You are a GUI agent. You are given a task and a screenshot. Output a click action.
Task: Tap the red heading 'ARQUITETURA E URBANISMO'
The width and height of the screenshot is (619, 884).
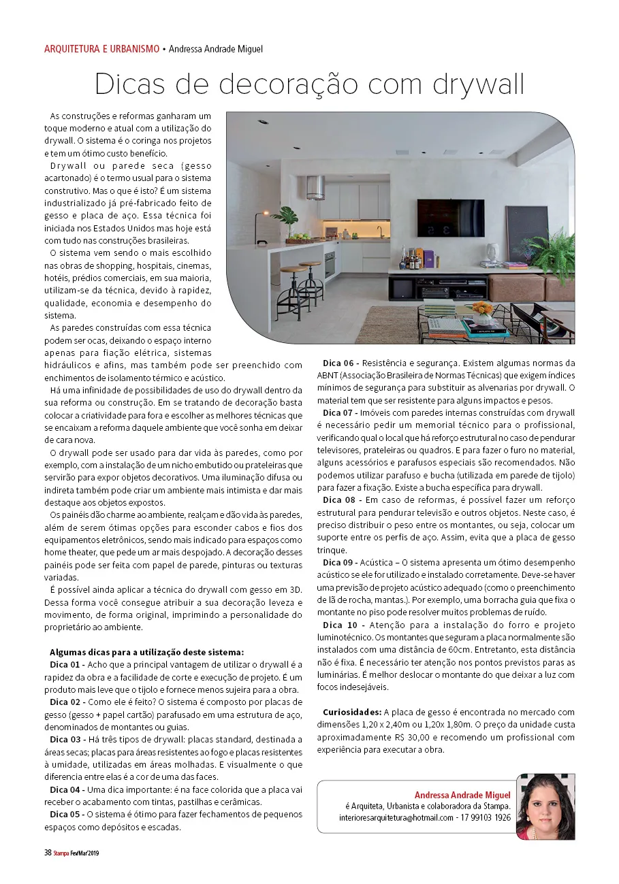click(x=101, y=49)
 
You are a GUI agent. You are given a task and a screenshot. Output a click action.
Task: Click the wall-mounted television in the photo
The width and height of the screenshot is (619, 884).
click(x=446, y=218)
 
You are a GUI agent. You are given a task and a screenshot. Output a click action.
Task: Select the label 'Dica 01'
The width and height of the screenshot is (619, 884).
click(x=67, y=664)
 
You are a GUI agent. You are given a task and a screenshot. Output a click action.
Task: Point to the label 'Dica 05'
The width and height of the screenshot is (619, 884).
click(x=67, y=814)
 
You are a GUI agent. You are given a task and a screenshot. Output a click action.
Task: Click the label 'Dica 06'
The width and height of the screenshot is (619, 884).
click(x=340, y=363)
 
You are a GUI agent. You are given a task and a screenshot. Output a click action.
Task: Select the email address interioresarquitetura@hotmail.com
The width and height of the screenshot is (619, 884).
click(x=396, y=817)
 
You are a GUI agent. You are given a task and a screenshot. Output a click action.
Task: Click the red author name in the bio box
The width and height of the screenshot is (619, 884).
click(x=462, y=795)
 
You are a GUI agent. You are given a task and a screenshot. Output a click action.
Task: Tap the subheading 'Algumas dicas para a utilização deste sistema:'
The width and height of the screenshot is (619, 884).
click(x=146, y=652)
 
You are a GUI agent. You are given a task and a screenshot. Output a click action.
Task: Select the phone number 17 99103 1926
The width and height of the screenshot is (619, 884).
click(x=486, y=817)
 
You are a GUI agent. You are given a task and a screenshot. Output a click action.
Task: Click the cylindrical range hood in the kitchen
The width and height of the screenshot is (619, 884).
click(x=315, y=187)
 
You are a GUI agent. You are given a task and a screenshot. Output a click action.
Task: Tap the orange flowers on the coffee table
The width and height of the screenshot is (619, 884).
click(x=484, y=309)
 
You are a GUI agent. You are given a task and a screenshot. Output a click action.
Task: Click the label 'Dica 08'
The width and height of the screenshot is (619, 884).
click(x=340, y=500)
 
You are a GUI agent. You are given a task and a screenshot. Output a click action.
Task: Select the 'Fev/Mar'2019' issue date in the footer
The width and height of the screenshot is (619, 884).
click(x=85, y=853)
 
